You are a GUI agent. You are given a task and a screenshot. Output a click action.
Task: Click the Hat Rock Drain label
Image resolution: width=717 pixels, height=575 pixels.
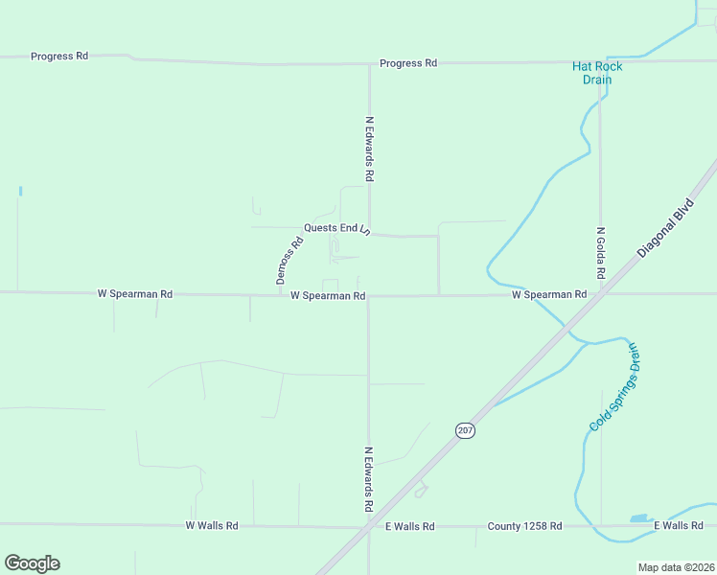pyautogui.click(x=597, y=73)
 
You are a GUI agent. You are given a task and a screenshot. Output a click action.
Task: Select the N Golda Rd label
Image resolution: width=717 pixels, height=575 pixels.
pyautogui.click(x=601, y=253)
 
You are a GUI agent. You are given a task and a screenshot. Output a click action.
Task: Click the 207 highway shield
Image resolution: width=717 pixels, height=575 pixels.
pyautogui.click(x=465, y=431)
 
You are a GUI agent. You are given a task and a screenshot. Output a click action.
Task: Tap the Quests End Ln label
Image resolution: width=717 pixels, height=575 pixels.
pyautogui.click(x=335, y=228)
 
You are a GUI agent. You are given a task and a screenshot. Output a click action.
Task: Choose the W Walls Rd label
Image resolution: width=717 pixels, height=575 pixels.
pyautogui.click(x=211, y=525)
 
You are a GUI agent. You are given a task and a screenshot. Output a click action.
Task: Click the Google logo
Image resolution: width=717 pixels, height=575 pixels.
pyautogui.click(x=32, y=563)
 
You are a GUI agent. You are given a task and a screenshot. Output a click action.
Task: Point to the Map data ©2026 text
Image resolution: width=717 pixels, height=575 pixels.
pyautogui.click(x=676, y=567)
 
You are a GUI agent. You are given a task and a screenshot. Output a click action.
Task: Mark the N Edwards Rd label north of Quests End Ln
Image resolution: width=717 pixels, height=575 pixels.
pyautogui.click(x=369, y=149)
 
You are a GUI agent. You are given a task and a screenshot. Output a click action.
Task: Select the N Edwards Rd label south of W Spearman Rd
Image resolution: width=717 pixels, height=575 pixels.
pyautogui.click(x=368, y=478)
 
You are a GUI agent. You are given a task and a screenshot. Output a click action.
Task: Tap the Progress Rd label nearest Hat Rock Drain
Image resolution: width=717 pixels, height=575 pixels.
pyautogui.click(x=408, y=63)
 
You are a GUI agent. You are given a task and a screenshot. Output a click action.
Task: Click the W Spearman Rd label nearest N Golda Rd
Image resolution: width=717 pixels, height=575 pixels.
pyautogui.click(x=548, y=294)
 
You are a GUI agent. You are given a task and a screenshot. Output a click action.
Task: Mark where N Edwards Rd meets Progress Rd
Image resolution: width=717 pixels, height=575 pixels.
pyautogui.click(x=370, y=64)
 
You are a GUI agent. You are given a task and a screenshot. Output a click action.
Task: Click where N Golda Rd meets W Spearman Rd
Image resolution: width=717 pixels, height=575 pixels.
pyautogui.click(x=601, y=293)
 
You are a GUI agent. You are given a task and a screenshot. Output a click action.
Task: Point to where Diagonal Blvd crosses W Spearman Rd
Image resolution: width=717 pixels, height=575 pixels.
pyautogui.click(x=591, y=294)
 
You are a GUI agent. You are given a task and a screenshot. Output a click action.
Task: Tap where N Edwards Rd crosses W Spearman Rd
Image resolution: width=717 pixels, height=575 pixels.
pyautogui.click(x=369, y=296)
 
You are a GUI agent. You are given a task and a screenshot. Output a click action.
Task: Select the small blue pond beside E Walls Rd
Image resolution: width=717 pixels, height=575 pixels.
pyautogui.click(x=639, y=518)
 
